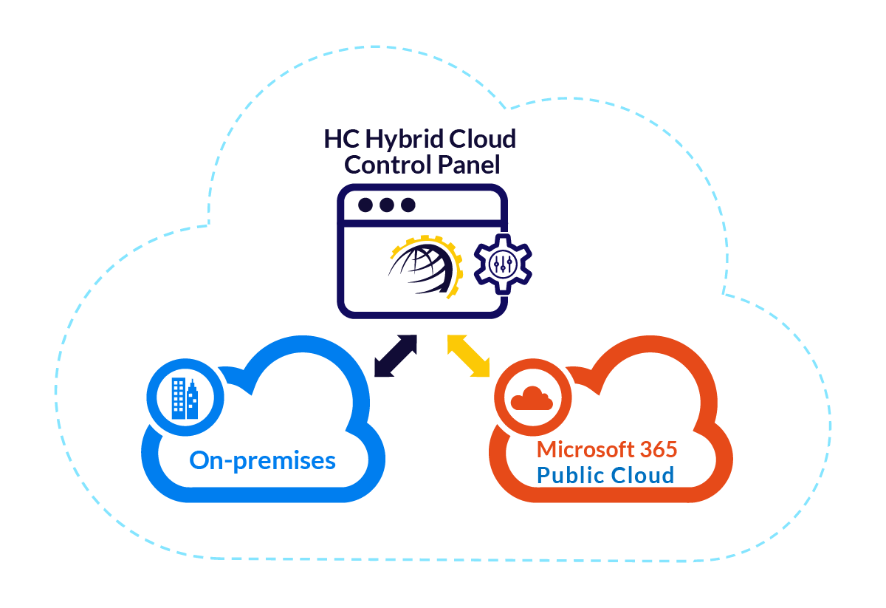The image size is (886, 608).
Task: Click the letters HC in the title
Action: (x=340, y=139)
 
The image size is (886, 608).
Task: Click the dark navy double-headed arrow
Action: (x=396, y=356)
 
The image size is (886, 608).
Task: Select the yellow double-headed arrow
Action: (x=470, y=356)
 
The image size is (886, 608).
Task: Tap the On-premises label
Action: (x=263, y=461)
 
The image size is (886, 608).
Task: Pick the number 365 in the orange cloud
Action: (x=657, y=449)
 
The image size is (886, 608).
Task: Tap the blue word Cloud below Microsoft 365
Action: (x=642, y=474)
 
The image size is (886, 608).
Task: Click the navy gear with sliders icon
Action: (x=502, y=264)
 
